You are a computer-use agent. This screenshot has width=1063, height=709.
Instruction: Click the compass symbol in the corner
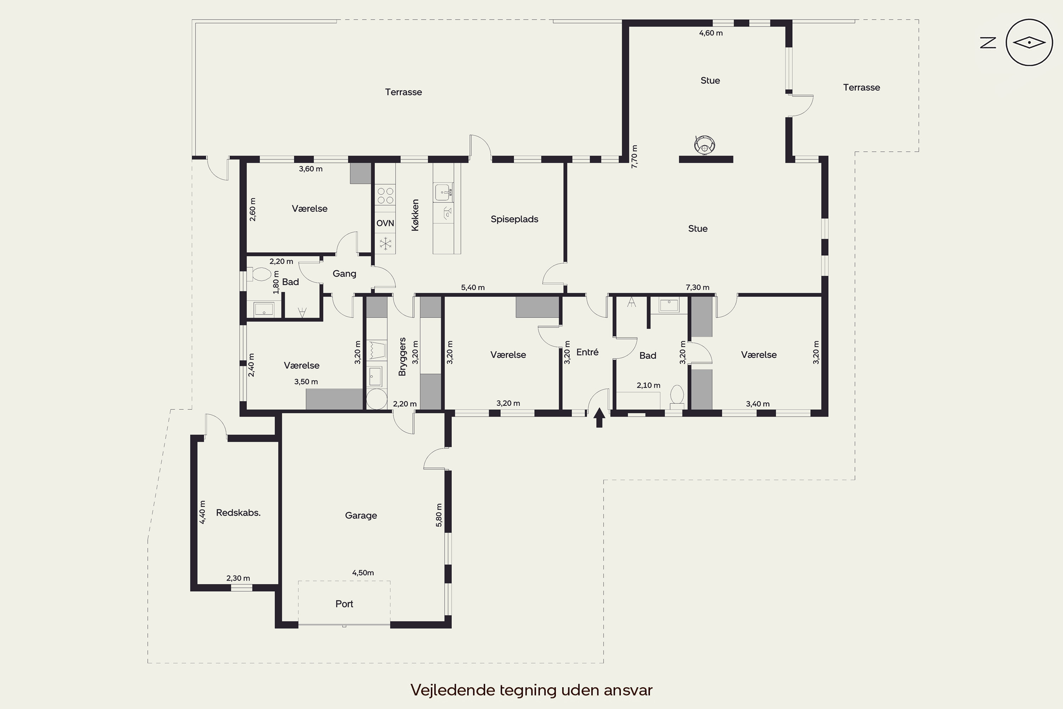pyautogui.click(x=1029, y=43)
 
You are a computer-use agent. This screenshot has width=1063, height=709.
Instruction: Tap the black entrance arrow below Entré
pyautogui.click(x=599, y=417)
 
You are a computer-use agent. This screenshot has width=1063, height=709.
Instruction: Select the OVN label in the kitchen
pyautogui.click(x=385, y=223)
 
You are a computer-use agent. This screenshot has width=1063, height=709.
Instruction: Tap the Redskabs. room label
pyautogui.click(x=238, y=513)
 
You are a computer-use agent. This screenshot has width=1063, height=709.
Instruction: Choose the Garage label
pyautogui.click(x=361, y=515)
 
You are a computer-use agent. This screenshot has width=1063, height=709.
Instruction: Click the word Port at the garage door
pyautogui.click(x=344, y=604)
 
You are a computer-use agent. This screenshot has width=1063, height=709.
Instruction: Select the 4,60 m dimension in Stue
pyautogui.click(x=711, y=33)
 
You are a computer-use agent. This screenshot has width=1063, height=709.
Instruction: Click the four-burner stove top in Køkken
pyautogui.click(x=385, y=196)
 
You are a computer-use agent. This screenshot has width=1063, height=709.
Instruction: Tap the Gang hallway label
pyautogui.click(x=344, y=274)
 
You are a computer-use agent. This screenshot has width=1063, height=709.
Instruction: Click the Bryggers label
pyautogui.click(x=403, y=356)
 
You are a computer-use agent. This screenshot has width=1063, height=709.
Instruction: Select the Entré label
pyautogui.click(x=587, y=352)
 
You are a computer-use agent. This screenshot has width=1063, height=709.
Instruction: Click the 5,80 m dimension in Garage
pyautogui.click(x=439, y=515)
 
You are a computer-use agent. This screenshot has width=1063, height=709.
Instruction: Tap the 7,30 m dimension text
pyautogui.click(x=697, y=287)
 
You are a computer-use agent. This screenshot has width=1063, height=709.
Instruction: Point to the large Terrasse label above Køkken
pyautogui.click(x=404, y=92)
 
